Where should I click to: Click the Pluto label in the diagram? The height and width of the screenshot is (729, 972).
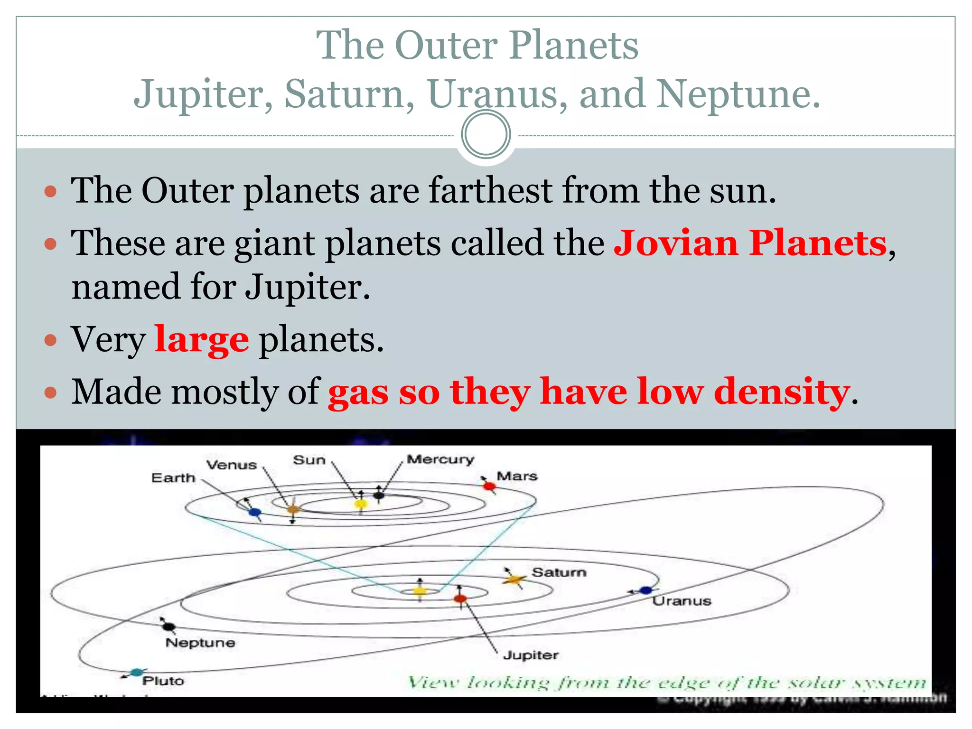point(163,681)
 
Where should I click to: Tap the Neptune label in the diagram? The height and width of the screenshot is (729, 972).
point(200,643)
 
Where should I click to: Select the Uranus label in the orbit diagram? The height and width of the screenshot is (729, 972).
point(682,601)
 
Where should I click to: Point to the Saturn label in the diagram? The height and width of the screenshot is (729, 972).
point(559,572)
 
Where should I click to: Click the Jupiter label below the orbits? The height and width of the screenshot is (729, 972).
point(531,655)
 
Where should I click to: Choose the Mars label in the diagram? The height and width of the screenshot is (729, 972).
point(517,476)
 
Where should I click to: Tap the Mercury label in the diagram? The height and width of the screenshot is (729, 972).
point(440,459)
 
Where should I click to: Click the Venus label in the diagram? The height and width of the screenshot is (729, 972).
point(232,465)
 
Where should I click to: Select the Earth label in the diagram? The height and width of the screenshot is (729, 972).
point(173,477)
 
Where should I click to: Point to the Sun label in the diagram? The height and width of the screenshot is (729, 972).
point(309,460)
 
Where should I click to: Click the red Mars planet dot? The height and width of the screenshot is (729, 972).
point(489,486)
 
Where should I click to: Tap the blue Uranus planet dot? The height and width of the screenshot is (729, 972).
point(645,590)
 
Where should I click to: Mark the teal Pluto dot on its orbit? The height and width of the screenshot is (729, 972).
point(137,672)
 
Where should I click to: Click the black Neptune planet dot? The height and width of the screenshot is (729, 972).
point(168,626)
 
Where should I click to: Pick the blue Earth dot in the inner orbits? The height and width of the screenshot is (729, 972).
point(255,512)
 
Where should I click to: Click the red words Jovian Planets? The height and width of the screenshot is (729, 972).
point(750,243)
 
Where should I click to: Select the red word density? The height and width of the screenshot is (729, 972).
point(781,392)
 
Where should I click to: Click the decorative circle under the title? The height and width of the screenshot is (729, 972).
point(486,134)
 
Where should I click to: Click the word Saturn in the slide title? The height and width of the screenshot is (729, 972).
point(349,93)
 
